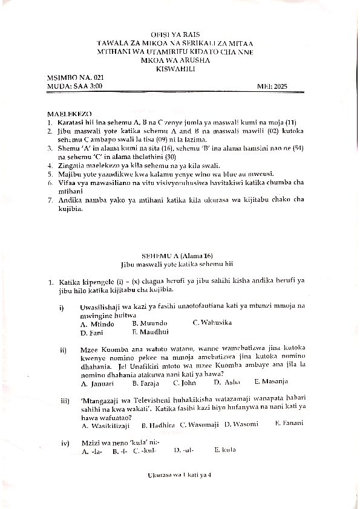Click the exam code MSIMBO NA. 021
pos(71,79)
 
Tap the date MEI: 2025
pos(273,86)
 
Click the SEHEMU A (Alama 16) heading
pos(177,256)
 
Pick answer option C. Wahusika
pos(212,323)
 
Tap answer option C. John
pos(184,383)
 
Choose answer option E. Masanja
pos(270,381)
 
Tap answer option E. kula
pos(224,450)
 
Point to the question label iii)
pos(64,401)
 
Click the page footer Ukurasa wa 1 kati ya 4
pos(179,475)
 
